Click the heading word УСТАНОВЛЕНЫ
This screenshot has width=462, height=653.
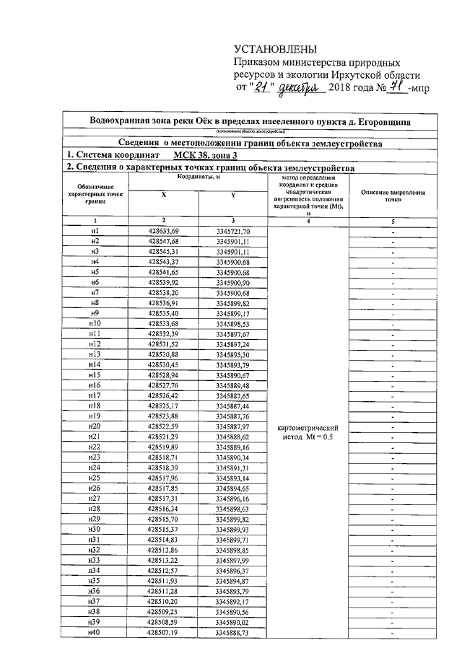tap(276, 49)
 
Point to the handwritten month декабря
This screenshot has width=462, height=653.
tap(298, 88)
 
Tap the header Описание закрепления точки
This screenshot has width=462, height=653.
tap(392, 197)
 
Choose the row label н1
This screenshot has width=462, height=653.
tap(95, 230)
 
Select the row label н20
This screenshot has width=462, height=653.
tap(95, 426)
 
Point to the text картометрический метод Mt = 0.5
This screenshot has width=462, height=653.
tap(308, 432)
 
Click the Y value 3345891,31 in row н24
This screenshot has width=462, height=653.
tap(232, 468)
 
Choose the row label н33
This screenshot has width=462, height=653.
tap(95, 560)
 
